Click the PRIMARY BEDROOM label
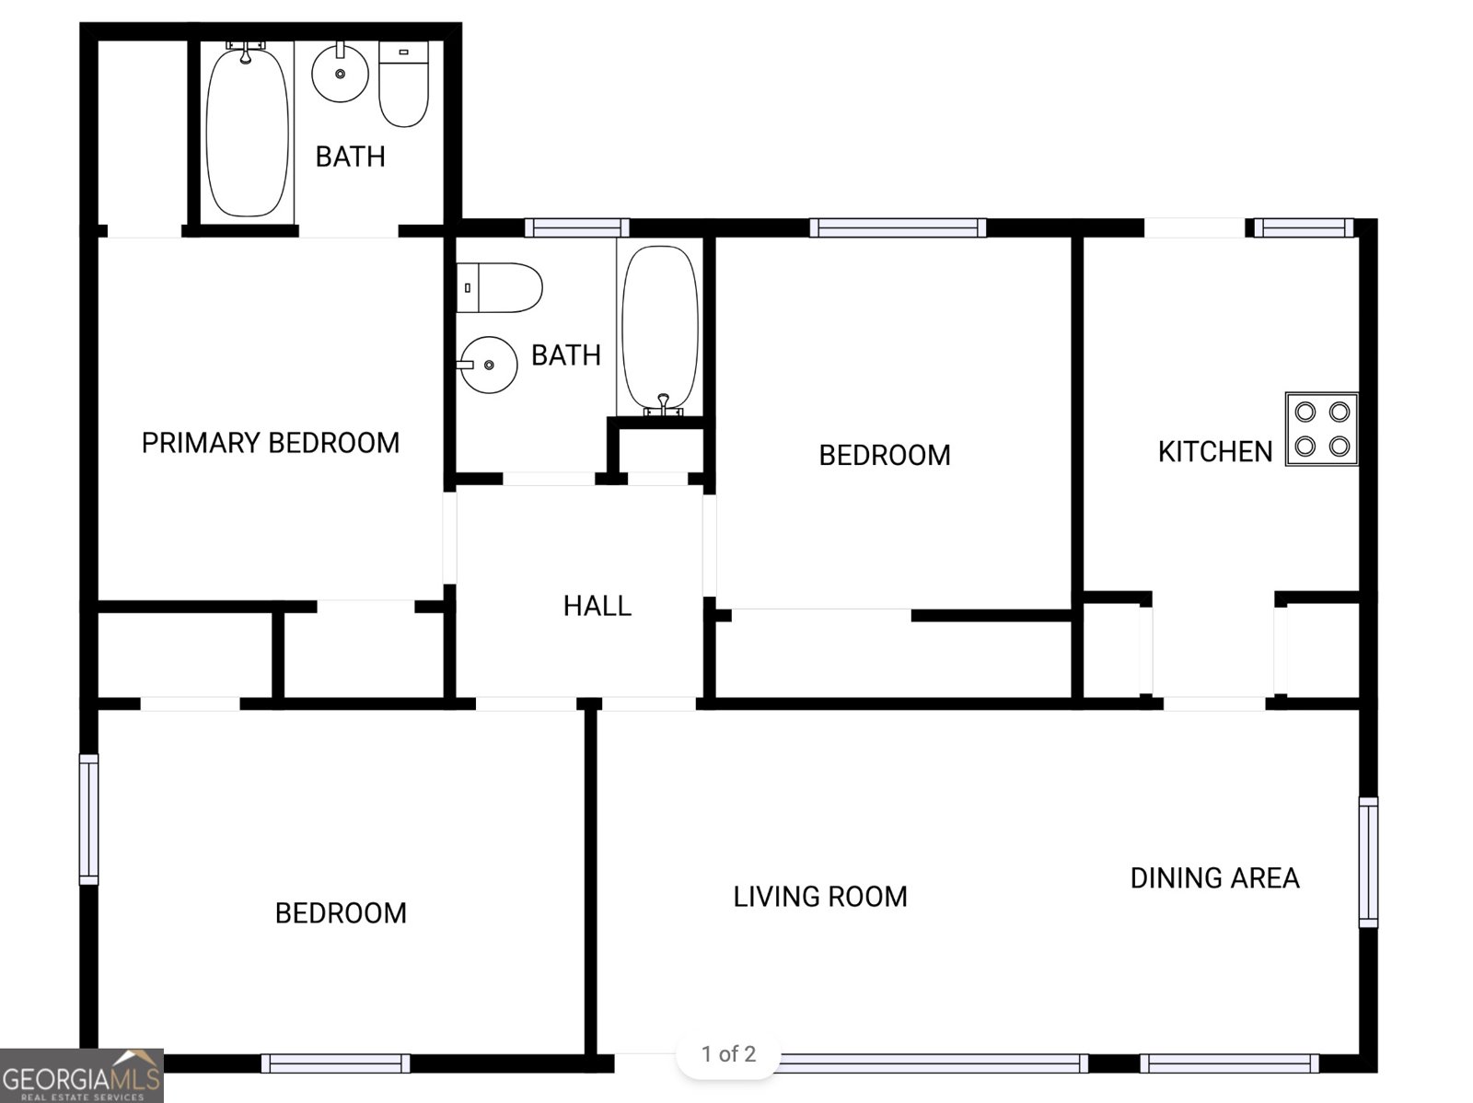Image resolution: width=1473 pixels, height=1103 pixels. (271, 443)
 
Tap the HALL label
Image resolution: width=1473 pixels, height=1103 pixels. (597, 606)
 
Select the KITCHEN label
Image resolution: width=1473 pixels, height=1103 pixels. (1215, 452)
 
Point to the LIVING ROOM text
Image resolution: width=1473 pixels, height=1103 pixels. (820, 897)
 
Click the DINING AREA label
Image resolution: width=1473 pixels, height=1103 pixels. (1214, 878)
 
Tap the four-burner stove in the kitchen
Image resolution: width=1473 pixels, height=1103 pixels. (1321, 429)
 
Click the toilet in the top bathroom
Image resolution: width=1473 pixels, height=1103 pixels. (403, 84)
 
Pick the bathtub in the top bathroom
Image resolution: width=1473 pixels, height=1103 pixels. (247, 130)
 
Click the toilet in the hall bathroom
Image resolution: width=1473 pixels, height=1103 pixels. (499, 288)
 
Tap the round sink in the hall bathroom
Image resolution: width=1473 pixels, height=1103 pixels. (488, 365)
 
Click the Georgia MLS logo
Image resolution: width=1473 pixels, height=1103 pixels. (82, 1075)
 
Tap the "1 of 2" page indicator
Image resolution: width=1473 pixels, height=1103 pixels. (728, 1054)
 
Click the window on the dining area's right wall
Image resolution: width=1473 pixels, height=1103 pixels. (1368, 862)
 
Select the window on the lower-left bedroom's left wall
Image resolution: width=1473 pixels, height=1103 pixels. (88, 819)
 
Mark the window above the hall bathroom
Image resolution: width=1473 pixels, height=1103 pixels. (577, 227)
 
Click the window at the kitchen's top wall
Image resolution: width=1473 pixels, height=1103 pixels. (1304, 227)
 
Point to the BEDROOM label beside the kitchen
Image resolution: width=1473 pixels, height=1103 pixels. (885, 456)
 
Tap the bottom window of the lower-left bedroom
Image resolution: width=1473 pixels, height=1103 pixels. (335, 1063)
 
